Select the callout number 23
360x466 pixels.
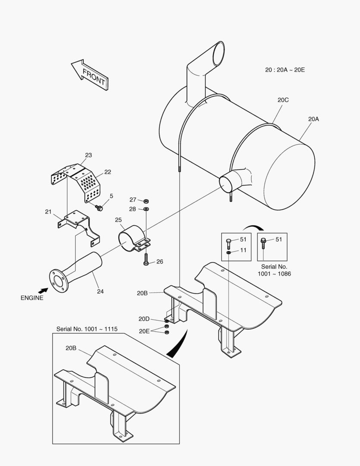88,155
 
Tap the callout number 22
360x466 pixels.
107,172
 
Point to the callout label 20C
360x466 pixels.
283,100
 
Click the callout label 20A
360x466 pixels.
314,119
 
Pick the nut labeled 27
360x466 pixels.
146,201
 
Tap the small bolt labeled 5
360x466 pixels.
100,208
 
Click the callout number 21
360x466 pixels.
48,211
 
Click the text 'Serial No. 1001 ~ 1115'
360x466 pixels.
87,329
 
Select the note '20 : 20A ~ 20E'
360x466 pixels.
285,69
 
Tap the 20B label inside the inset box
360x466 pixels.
71,348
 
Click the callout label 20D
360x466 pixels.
144,319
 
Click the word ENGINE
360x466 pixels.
32,298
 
